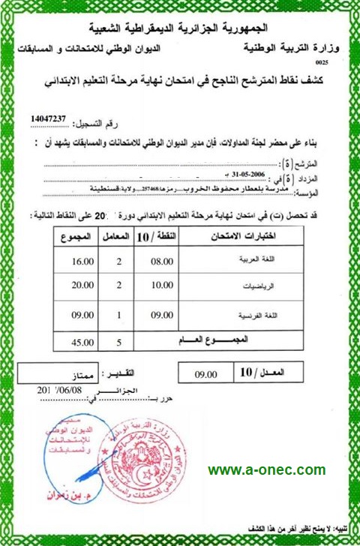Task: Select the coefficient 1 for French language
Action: [119, 315]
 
